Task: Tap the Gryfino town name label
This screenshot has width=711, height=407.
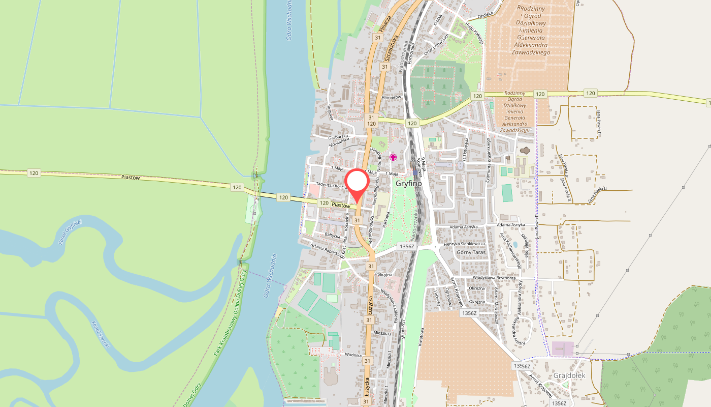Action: click(x=408, y=183)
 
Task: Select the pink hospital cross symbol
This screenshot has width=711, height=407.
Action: click(x=393, y=157)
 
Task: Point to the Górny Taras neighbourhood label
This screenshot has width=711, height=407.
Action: click(x=471, y=252)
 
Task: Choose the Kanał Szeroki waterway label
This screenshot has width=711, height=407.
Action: click(x=100, y=334)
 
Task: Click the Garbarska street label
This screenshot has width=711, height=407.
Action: click(x=337, y=137)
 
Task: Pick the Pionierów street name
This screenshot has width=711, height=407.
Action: click(x=392, y=97)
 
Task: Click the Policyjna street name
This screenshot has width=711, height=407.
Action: click(x=383, y=274)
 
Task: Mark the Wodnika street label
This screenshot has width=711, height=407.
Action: click(x=352, y=355)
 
